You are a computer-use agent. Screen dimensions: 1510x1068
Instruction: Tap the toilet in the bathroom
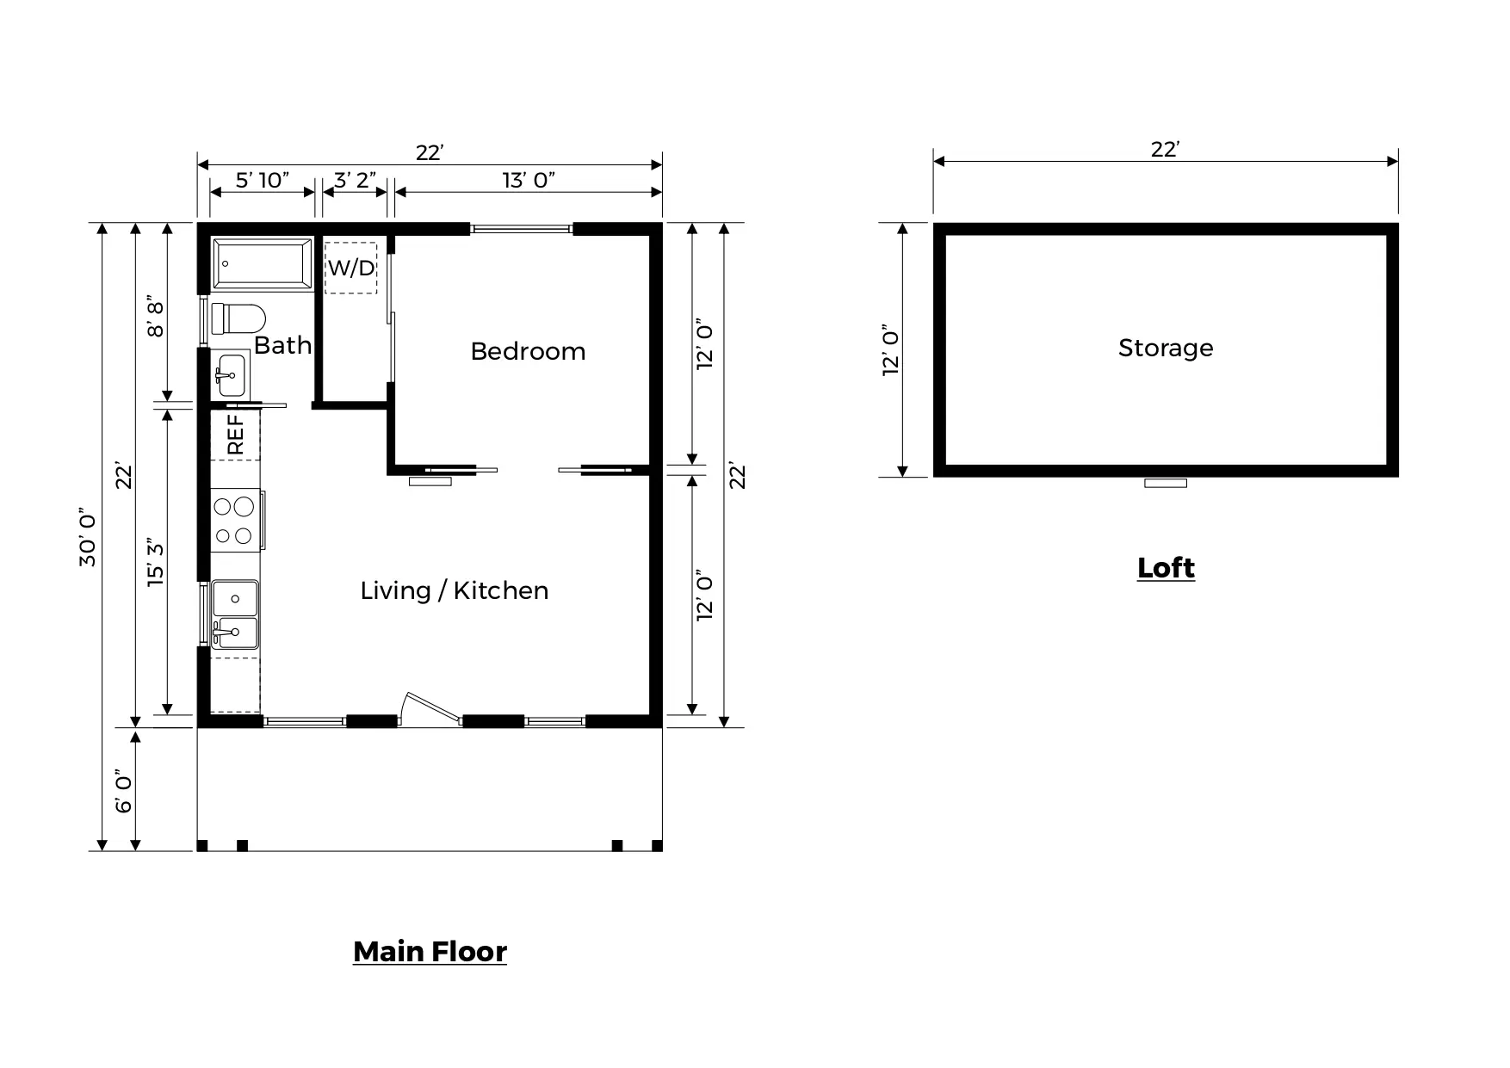[x=238, y=318]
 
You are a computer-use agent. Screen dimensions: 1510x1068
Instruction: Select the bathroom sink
[x=230, y=374]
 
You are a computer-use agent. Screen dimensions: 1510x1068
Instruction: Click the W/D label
[x=351, y=268]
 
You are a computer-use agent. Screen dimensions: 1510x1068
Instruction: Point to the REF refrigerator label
[x=235, y=435]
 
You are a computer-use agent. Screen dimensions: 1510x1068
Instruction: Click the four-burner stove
[x=235, y=520]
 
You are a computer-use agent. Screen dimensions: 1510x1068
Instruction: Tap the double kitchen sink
[x=235, y=614]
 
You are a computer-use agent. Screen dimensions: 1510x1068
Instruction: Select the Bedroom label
[x=528, y=351]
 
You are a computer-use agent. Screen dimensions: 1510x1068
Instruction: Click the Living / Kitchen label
[x=455, y=590]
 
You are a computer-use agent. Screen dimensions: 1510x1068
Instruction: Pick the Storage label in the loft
[x=1166, y=348]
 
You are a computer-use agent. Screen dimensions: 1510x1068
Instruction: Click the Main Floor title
[x=430, y=951]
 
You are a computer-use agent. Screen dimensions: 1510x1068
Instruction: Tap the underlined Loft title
[x=1166, y=568]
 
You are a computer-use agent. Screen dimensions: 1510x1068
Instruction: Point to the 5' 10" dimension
[x=263, y=180]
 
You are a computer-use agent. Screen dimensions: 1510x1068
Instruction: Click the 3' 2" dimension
[x=355, y=180]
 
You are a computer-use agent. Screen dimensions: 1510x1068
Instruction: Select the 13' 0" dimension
[x=529, y=180]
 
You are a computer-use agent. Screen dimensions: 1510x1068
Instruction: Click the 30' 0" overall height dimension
[x=88, y=537]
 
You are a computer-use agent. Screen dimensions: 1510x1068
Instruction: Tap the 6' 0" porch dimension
[x=124, y=791]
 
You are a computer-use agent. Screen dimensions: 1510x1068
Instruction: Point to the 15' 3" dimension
[x=156, y=563]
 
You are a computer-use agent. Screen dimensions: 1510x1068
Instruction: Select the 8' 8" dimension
[x=156, y=317]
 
